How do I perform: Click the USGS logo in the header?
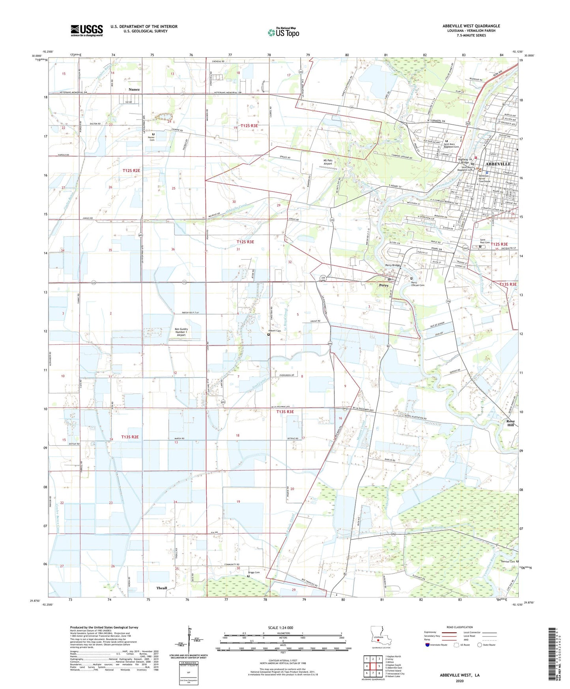coord(87,30)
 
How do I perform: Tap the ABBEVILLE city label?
coord(498,164)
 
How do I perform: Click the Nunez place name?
coord(134,90)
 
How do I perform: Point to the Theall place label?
coord(162,588)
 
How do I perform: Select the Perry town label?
coord(383,285)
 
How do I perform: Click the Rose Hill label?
coord(510,423)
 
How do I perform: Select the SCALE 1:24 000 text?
coord(280,628)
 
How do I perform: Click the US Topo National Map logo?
coord(283,32)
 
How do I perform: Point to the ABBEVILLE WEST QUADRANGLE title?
coord(471,26)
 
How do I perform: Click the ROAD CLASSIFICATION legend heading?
coord(459,627)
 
